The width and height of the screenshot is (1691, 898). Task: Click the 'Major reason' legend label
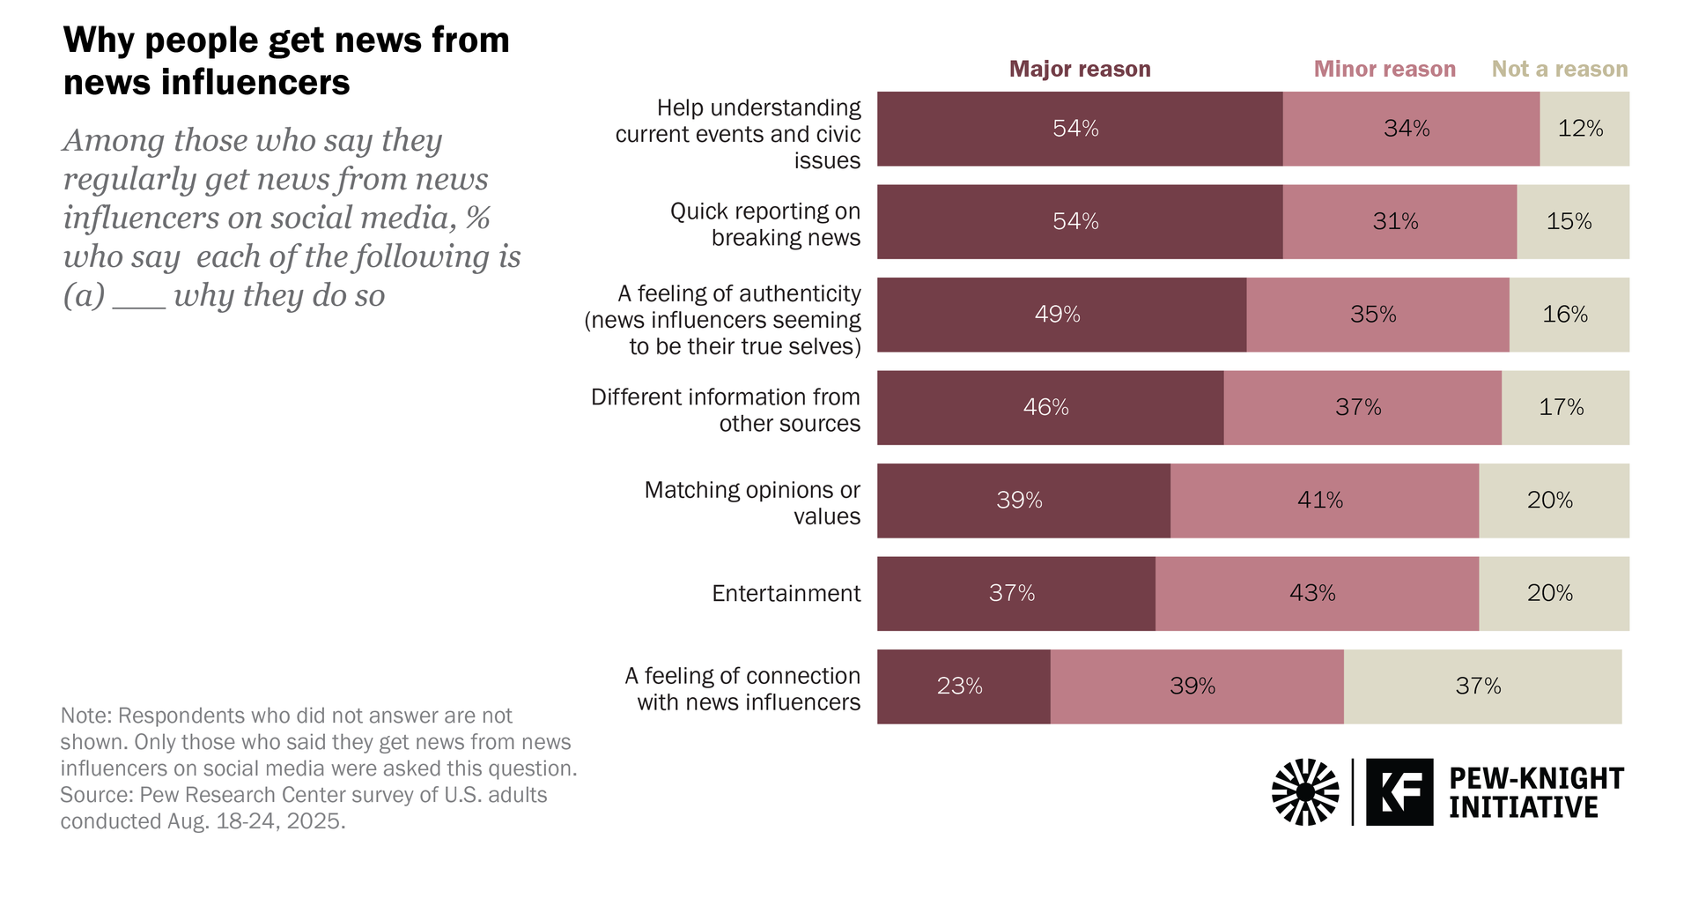(x=1079, y=70)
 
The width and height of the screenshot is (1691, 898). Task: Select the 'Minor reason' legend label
(x=1385, y=70)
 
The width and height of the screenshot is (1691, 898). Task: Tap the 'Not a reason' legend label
(x=1559, y=70)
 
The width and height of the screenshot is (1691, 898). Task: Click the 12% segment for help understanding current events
(x=1583, y=129)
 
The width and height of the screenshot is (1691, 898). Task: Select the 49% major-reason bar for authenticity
(x=1060, y=315)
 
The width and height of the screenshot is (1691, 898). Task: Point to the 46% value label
(x=1045, y=407)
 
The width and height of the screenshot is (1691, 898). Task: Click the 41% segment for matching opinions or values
(x=1323, y=501)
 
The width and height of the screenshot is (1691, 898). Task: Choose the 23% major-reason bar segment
(x=963, y=686)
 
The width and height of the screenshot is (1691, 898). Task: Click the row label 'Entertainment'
(x=786, y=594)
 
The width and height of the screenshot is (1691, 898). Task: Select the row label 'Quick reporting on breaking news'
(x=765, y=225)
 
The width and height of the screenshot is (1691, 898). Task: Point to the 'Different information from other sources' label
(x=726, y=411)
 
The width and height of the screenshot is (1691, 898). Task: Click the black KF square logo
(x=1399, y=791)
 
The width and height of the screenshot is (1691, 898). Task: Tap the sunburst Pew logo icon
(x=1305, y=791)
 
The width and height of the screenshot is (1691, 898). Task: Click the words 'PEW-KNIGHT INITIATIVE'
(x=1535, y=792)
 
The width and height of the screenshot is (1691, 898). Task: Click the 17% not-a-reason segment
(x=1563, y=407)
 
